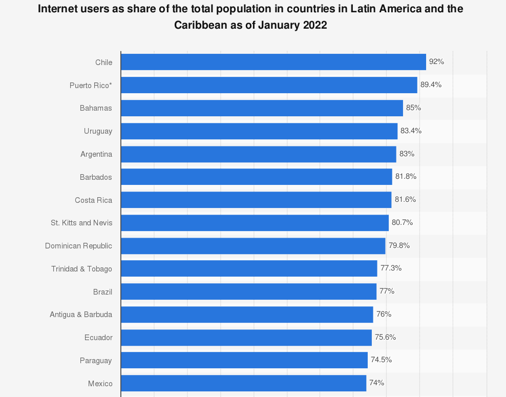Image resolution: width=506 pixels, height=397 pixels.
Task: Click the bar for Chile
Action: [x=273, y=62]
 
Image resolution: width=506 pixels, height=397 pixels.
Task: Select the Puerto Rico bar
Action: [x=269, y=85]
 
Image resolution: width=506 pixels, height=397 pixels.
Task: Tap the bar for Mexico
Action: [x=243, y=383]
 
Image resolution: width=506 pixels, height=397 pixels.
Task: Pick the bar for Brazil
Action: [x=248, y=291]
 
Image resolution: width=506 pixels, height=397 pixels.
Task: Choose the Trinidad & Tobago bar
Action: [x=249, y=268]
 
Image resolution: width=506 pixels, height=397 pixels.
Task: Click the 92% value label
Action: [x=436, y=61]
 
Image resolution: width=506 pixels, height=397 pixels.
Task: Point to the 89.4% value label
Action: [x=431, y=85]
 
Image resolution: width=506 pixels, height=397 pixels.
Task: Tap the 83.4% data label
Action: [x=411, y=131]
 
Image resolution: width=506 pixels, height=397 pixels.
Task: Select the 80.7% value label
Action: [x=402, y=222]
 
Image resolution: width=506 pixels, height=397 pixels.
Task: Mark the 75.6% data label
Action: [x=385, y=337]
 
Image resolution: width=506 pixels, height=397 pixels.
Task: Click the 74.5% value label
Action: [x=381, y=360]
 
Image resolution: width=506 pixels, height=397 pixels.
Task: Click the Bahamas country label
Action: [x=96, y=108]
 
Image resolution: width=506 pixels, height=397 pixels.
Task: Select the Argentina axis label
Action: [x=96, y=154]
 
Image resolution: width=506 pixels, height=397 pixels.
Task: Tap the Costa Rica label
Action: [x=93, y=200]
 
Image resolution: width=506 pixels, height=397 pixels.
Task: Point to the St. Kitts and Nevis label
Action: [x=81, y=223]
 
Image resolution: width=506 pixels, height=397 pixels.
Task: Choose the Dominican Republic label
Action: [x=78, y=246]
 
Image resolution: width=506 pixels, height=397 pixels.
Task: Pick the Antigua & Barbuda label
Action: [x=81, y=315]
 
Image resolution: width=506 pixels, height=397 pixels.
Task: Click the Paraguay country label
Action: [x=96, y=361]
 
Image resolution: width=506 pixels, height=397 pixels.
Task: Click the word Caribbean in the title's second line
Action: [x=202, y=25]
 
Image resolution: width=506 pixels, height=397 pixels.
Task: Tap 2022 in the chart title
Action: [x=314, y=25]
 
